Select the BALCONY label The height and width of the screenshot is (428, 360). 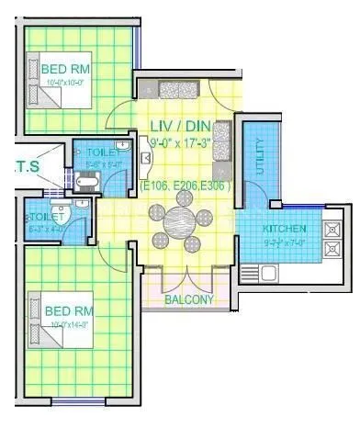coord(189,299)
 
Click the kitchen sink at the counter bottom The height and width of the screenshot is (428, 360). coord(269,272)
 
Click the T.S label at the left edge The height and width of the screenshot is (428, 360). coord(21,166)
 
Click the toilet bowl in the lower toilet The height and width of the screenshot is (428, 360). coord(61,212)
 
